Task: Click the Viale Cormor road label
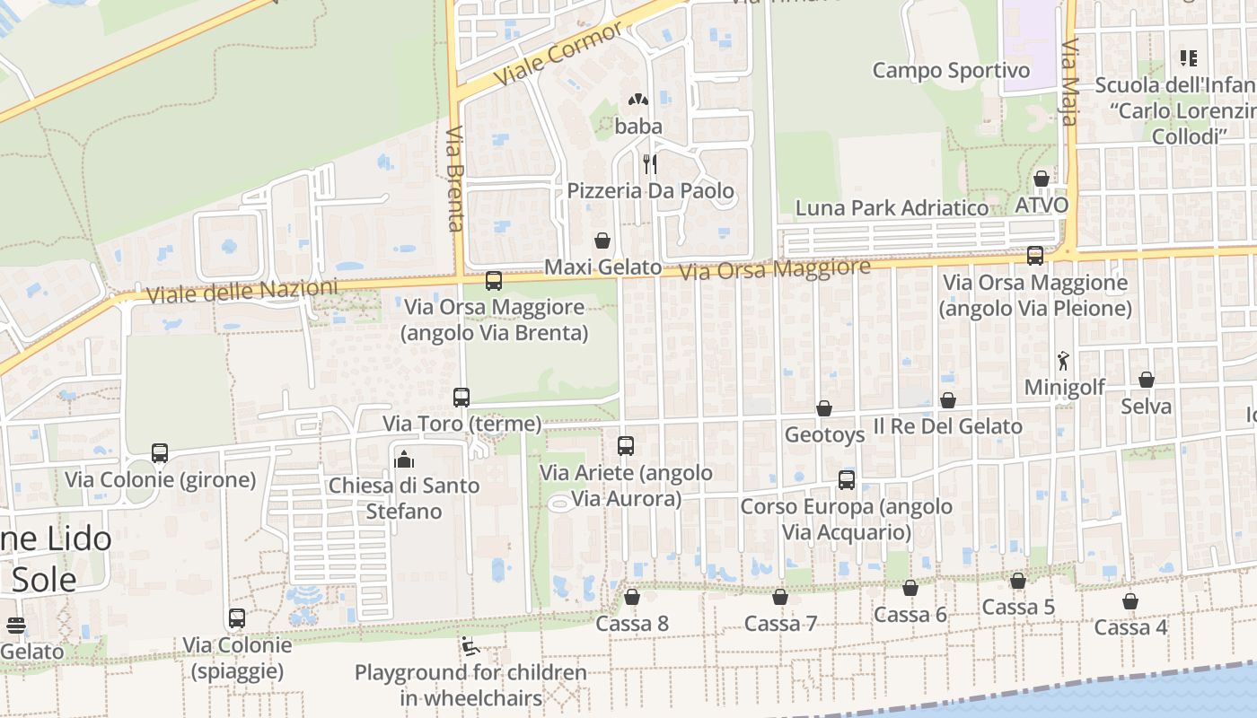point(558,55)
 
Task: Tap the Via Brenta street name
point(455,179)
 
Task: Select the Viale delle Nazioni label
point(242,291)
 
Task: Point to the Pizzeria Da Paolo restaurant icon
point(650,163)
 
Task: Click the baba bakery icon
point(638,100)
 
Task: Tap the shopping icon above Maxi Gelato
point(602,241)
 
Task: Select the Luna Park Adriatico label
point(892,208)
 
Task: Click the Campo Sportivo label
point(951,70)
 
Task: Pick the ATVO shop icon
point(1042,179)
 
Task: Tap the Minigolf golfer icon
point(1064,361)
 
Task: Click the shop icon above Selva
point(1146,380)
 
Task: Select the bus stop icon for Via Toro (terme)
point(461,397)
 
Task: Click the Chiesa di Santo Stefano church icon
point(404,460)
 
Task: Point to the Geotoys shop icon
point(824,408)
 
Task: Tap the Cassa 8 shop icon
point(632,597)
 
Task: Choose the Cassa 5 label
point(1018,608)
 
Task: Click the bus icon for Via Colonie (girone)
point(160,453)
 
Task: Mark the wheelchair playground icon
point(470,645)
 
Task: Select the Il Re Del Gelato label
point(948,426)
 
